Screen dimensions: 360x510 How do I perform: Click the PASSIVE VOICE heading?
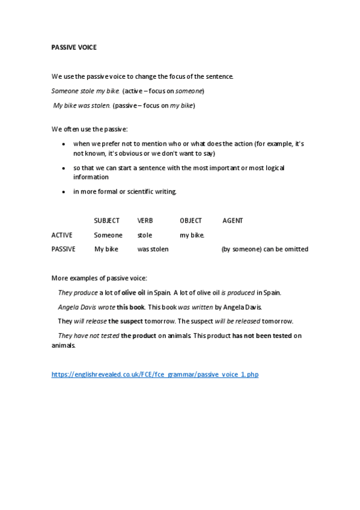point(74,47)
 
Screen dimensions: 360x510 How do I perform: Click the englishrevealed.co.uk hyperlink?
point(155,374)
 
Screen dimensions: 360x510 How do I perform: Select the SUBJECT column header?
point(106,221)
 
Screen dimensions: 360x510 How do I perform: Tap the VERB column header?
point(145,221)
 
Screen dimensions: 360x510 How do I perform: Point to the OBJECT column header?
point(191,221)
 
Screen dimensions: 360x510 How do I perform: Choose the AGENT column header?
point(233,221)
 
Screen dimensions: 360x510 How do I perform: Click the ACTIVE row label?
point(62,235)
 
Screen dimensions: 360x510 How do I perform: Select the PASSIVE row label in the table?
point(64,249)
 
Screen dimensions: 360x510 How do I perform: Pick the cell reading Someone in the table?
point(108,235)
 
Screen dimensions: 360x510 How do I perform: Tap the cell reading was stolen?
point(153,249)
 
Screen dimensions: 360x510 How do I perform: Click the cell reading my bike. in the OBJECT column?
point(192,235)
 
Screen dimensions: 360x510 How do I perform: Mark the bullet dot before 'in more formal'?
point(64,192)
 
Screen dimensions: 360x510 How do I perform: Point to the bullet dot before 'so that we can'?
point(64,168)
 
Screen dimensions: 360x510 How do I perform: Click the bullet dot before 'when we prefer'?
point(64,144)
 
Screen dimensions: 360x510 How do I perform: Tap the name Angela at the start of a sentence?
point(68,307)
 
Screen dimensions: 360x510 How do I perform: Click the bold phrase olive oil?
point(133,293)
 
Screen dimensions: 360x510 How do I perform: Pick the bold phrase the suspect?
point(123,321)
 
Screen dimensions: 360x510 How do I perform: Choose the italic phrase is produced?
point(238,293)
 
